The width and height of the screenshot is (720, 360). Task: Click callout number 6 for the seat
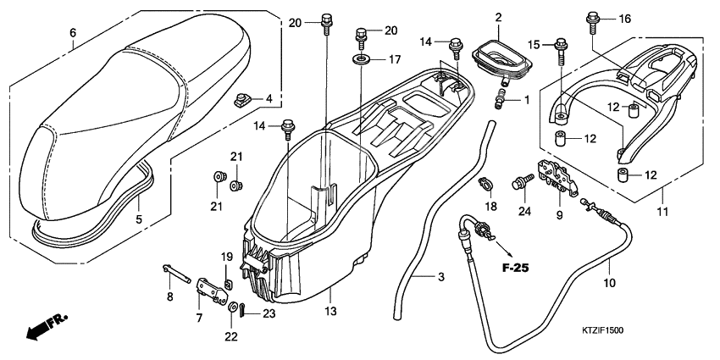click(73, 33)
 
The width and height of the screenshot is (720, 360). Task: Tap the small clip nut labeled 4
click(245, 102)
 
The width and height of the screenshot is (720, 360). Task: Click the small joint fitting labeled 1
click(502, 102)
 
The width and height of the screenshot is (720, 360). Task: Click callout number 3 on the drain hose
click(440, 277)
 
